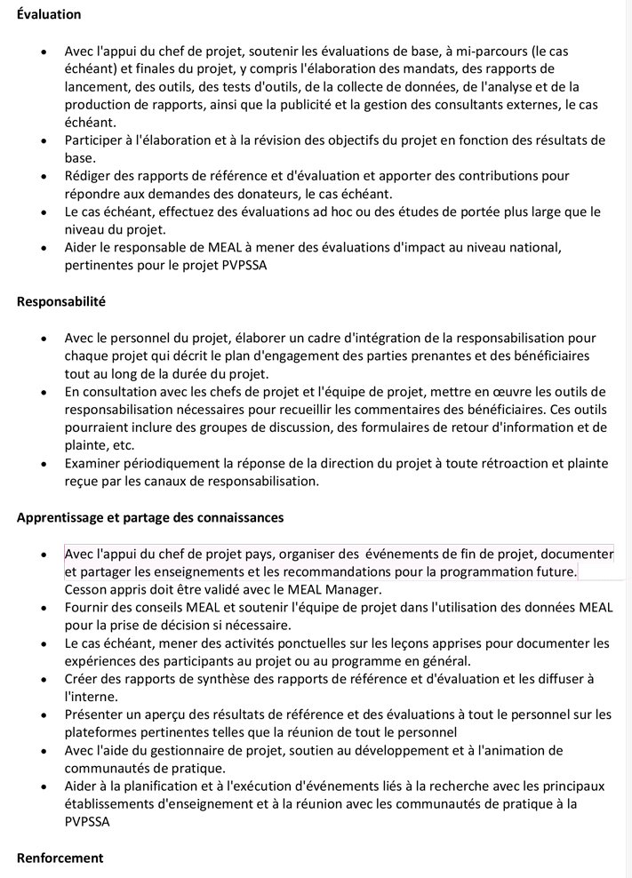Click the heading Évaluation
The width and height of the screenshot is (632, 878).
point(49,14)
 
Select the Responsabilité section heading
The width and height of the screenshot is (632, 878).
point(61,301)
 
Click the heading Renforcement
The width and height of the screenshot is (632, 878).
point(60,858)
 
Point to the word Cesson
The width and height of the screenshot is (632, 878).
point(87,588)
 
